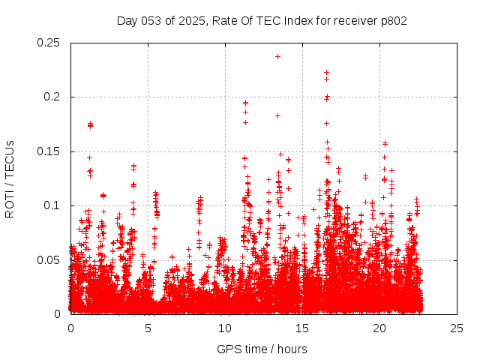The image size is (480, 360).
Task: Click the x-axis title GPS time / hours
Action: pyautogui.click(x=262, y=349)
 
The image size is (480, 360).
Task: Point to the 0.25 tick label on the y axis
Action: pyautogui.click(x=49, y=43)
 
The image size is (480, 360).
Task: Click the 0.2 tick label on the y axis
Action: pyautogui.click(x=52, y=97)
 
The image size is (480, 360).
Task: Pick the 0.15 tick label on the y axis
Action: pyautogui.click(x=49, y=151)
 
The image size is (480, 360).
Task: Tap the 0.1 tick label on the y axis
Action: pyautogui.click(x=52, y=205)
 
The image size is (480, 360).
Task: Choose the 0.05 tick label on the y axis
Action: pyautogui.click(x=49, y=260)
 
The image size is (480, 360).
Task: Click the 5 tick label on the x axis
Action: pyautogui.click(x=148, y=328)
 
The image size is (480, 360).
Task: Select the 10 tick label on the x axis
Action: pyautogui.click(x=225, y=328)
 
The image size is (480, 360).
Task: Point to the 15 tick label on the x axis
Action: pyautogui.click(x=302, y=328)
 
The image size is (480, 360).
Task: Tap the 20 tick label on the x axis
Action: pyautogui.click(x=379, y=328)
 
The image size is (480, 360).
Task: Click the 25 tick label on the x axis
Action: pyautogui.click(x=457, y=328)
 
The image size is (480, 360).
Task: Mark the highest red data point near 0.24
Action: pyautogui.click(x=277, y=56)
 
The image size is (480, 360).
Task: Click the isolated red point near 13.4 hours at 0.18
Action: pyautogui.click(x=277, y=115)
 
